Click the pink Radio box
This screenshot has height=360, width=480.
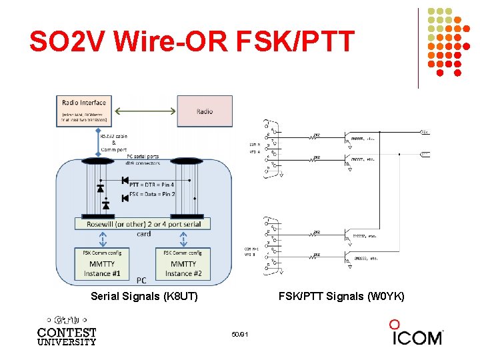(x=205, y=111)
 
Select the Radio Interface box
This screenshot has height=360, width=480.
(x=83, y=111)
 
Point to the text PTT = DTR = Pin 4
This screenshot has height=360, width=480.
(x=152, y=185)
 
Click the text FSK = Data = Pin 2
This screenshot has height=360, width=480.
(x=152, y=194)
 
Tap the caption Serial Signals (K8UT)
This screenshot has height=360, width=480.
(x=144, y=295)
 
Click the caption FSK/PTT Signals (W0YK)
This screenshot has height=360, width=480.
(x=341, y=295)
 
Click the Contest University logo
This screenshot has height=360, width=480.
(x=67, y=331)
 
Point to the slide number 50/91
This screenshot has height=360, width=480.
(x=240, y=333)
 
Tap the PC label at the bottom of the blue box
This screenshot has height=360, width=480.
(x=141, y=281)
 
